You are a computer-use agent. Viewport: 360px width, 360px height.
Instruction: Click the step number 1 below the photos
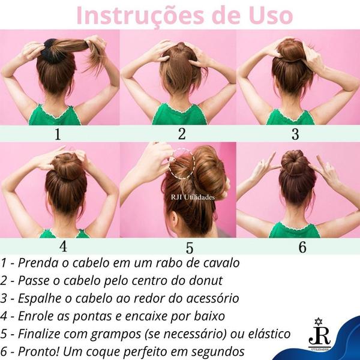click(58, 134)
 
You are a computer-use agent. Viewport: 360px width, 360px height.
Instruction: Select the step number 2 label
click(182, 134)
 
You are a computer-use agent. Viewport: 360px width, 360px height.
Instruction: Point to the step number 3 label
click(295, 134)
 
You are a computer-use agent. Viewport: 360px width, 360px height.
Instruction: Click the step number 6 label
click(302, 247)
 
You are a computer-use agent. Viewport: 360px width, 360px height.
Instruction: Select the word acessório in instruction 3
click(206, 298)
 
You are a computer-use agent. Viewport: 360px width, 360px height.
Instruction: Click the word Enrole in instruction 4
click(36, 315)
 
